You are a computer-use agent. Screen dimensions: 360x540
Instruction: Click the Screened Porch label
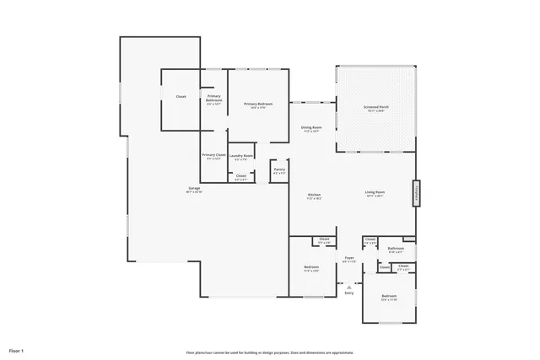pyautogui.click(x=375, y=108)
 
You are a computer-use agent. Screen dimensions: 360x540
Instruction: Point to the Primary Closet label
pyautogui.click(x=213, y=155)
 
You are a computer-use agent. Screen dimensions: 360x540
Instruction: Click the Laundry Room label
pyautogui.click(x=241, y=156)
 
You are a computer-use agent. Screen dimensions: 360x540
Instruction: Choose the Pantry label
pyautogui.click(x=279, y=169)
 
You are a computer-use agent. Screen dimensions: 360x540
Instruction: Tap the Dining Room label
pyautogui.click(x=311, y=128)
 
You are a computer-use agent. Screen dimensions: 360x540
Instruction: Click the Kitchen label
pyautogui.click(x=314, y=196)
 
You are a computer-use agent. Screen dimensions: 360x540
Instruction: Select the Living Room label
pyautogui.click(x=375, y=193)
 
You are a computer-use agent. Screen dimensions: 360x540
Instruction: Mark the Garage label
pyautogui.click(x=194, y=188)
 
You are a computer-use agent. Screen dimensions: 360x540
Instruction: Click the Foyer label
pyautogui.click(x=349, y=258)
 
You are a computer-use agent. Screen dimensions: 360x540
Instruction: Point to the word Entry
pyautogui.click(x=348, y=293)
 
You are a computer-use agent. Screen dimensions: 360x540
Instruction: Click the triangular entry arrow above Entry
pyautogui.click(x=348, y=287)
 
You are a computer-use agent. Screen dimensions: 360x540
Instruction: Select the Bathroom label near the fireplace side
pyautogui.click(x=396, y=249)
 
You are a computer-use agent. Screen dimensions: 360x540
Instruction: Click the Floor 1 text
pyautogui.click(x=16, y=350)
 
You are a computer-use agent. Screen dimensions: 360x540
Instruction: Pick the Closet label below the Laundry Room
pyautogui.click(x=241, y=175)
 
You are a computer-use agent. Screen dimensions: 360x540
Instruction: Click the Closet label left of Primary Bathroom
pyautogui.click(x=181, y=97)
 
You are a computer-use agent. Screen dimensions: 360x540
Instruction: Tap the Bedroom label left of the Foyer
pyautogui.click(x=311, y=267)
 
